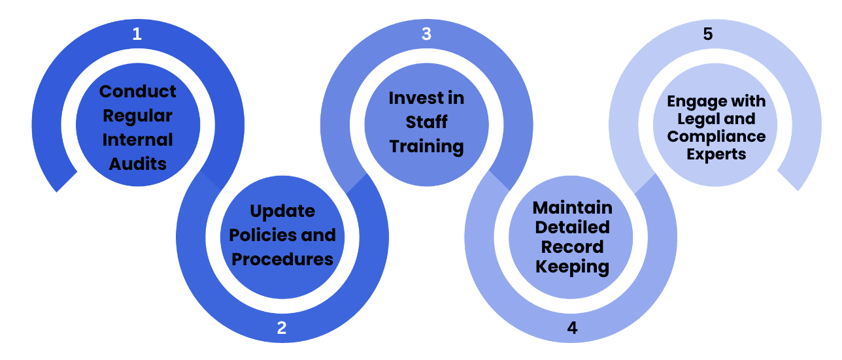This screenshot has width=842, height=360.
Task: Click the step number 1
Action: tap(137, 34)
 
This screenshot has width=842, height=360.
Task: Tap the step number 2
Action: tap(282, 328)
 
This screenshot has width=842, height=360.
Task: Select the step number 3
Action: tap(426, 34)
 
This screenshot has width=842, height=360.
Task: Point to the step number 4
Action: tap(572, 328)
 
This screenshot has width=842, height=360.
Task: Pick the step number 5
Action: tap(708, 34)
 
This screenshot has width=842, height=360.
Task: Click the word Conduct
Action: tap(138, 91)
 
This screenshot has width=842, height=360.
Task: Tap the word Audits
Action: tap(138, 164)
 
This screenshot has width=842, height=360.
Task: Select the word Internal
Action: tap(138, 140)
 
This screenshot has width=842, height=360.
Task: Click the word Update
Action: tap(282, 212)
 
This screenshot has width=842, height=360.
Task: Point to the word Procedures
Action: tap(282, 259)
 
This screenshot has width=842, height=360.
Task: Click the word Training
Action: tap(427, 146)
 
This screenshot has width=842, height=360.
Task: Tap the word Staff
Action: tap(427, 122)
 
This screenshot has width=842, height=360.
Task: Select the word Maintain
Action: tap(573, 208)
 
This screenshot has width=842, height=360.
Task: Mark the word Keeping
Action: tap(573, 267)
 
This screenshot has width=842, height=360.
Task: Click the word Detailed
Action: tap(573, 227)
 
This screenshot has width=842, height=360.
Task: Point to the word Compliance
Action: tap(716, 137)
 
